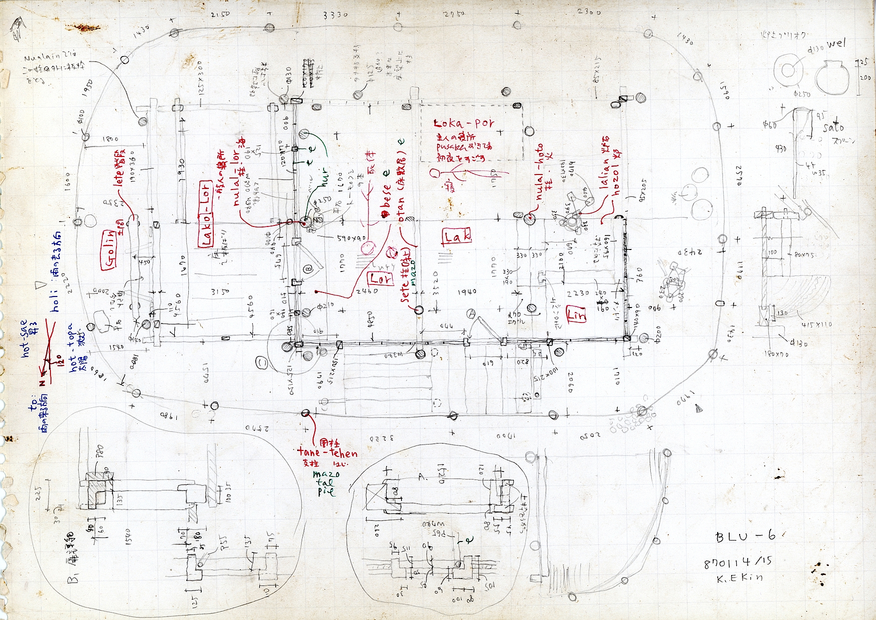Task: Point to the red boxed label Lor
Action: click(x=380, y=278)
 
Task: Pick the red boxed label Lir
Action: click(x=576, y=314)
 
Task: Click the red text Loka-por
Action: click(x=464, y=123)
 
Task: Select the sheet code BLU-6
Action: click(x=746, y=536)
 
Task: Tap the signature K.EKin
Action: click(x=740, y=577)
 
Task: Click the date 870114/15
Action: click(x=738, y=562)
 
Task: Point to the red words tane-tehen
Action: click(x=327, y=453)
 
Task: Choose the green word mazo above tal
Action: click(x=326, y=473)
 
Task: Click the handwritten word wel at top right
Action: click(x=837, y=44)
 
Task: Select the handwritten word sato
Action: click(x=833, y=128)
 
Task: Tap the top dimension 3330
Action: click(x=335, y=15)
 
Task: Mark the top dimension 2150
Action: click(x=220, y=14)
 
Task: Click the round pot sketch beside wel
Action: click(x=832, y=77)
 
